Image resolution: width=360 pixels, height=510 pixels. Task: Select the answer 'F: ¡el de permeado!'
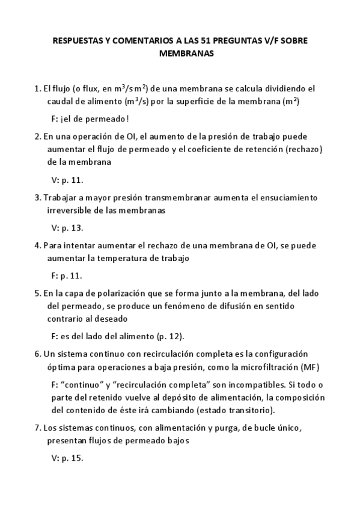click(x=90, y=118)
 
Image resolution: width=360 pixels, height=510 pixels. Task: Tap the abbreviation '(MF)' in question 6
click(x=309, y=367)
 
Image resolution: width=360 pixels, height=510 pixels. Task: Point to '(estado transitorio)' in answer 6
click(x=234, y=410)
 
